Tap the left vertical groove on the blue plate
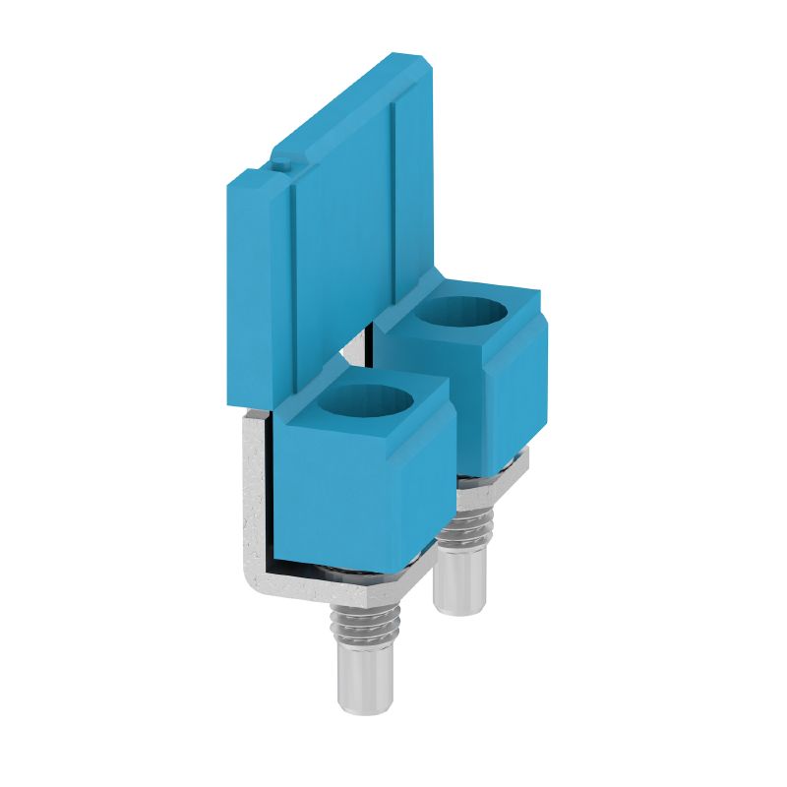tap(293, 285)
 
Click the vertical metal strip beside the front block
tap(254, 492)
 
